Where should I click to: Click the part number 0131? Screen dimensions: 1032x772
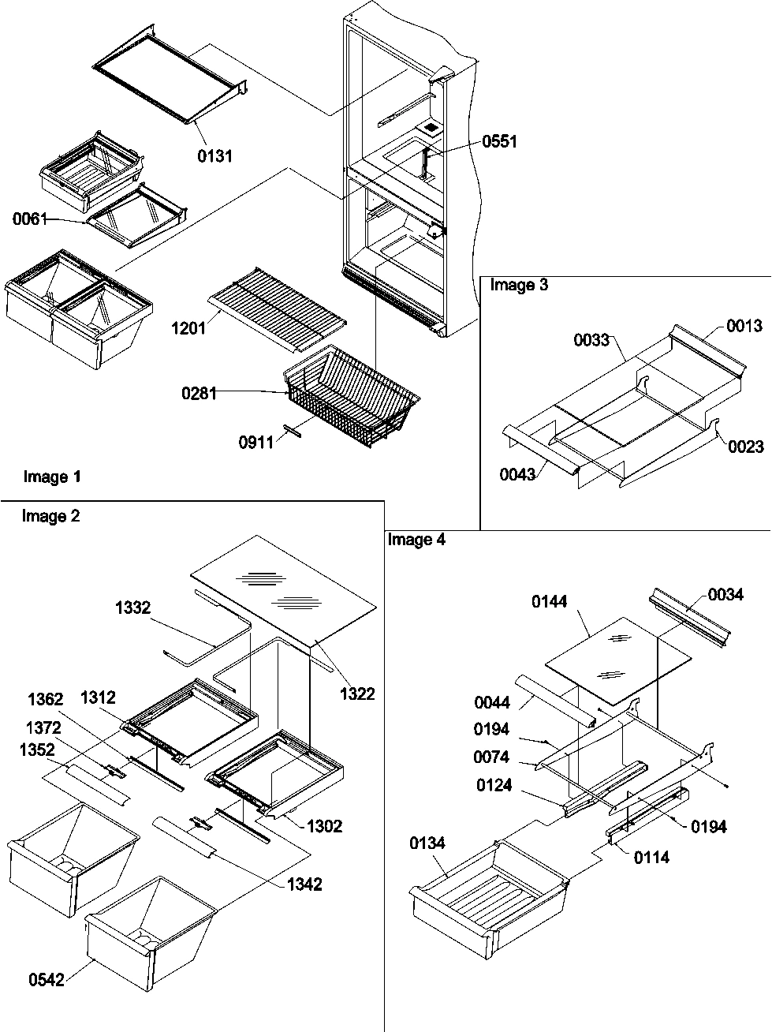[x=214, y=155]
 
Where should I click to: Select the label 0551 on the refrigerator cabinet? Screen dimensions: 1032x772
[x=500, y=141]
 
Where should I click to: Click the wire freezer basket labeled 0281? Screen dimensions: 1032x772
[x=351, y=391]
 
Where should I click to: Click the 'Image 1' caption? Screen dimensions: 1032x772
[x=52, y=477]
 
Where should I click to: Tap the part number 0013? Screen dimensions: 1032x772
[x=744, y=326]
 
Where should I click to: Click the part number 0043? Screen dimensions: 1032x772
[x=518, y=473]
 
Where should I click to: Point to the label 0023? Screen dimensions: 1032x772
[x=745, y=447]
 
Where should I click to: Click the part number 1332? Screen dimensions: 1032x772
[x=133, y=608]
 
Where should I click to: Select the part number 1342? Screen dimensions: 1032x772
[x=304, y=884]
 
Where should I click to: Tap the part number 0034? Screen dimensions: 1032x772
[x=725, y=595]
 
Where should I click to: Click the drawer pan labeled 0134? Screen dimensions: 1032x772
[x=489, y=892]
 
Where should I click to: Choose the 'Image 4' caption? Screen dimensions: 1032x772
[x=416, y=540]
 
